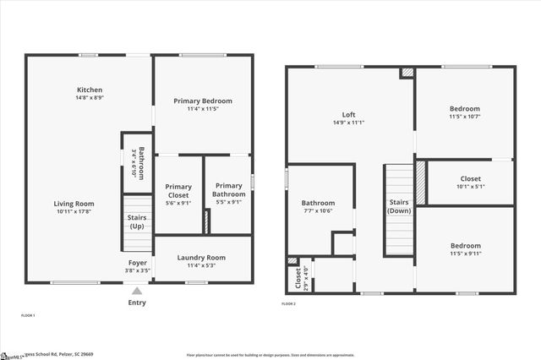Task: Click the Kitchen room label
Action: [90, 90]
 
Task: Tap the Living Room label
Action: [74, 204]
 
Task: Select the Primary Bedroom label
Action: [203, 101]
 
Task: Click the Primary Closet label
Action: [178, 191]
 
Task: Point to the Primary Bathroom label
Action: [229, 190]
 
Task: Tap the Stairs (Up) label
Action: [136, 221]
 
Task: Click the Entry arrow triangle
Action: [137, 291]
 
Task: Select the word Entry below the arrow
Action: [137, 303]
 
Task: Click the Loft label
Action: [348, 114]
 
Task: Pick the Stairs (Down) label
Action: [398, 206]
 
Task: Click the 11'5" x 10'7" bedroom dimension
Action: [465, 117]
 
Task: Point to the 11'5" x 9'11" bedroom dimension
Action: [465, 254]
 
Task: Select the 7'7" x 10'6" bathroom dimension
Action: [319, 211]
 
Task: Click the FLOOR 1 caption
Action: [28, 314]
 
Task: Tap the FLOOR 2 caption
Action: [289, 303]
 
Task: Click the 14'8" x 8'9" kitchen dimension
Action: [90, 98]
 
